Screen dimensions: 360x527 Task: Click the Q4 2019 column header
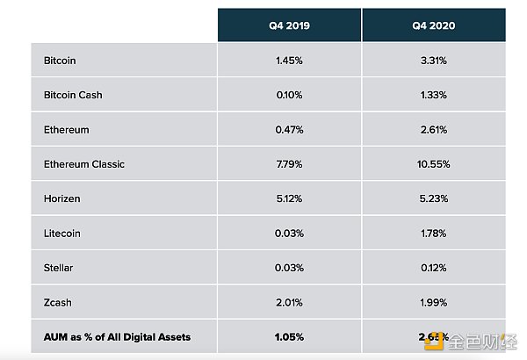289,25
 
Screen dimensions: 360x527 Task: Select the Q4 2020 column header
433,25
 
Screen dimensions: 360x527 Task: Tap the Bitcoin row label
60,61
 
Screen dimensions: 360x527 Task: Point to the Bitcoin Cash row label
73,95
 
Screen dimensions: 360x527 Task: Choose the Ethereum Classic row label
84,164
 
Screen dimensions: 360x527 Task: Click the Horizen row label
61,198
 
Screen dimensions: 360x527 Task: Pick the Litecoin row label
61,234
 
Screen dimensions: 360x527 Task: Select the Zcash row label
57,303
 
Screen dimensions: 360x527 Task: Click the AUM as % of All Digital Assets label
117,337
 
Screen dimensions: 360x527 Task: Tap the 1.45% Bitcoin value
289,61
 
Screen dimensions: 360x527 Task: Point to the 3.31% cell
433,61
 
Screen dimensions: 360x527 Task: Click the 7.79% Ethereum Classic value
289,164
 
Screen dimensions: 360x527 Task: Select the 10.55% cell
433,164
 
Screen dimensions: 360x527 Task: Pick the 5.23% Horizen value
433,198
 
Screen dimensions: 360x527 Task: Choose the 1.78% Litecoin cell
433,234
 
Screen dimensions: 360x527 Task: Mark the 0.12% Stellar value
433,268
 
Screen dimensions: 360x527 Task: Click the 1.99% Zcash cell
433,303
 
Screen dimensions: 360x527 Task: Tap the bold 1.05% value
289,337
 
